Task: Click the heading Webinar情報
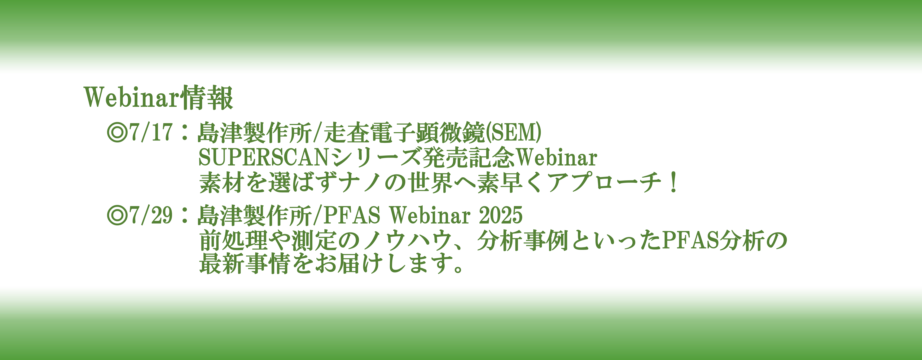pyautogui.click(x=159, y=97)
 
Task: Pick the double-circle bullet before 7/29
pyautogui.click(x=117, y=215)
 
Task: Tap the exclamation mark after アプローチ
pyautogui.click(x=674, y=182)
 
